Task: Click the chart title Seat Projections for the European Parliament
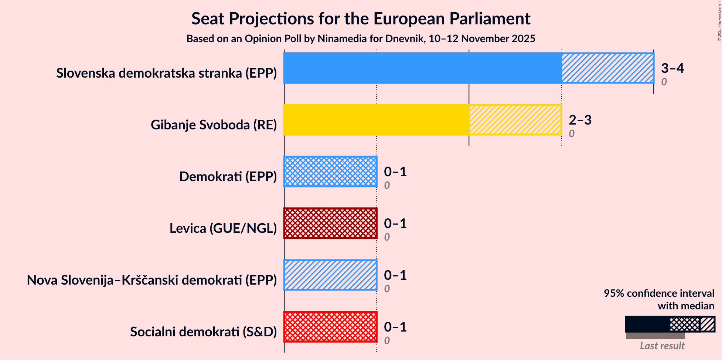point(361,19)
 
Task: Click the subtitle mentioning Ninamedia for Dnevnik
point(361,39)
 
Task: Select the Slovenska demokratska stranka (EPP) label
point(167,73)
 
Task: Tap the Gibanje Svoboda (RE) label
point(214,125)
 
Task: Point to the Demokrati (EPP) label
point(228,177)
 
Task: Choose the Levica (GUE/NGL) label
point(223,228)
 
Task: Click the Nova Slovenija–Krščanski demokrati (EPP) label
point(152,280)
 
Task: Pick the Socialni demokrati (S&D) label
point(203,332)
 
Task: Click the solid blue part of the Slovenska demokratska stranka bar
point(422,68)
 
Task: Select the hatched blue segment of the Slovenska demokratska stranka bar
point(607,68)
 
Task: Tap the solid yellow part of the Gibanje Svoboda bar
point(376,120)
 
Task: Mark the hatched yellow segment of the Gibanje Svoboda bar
point(515,120)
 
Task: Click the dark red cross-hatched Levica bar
point(330,223)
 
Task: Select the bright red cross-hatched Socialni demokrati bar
point(330,327)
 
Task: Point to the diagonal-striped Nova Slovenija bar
point(330,275)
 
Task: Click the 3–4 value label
point(672,68)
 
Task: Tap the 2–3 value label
point(580,120)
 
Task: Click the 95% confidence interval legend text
point(659,299)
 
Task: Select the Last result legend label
point(662,346)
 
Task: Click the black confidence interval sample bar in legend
point(647,324)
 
